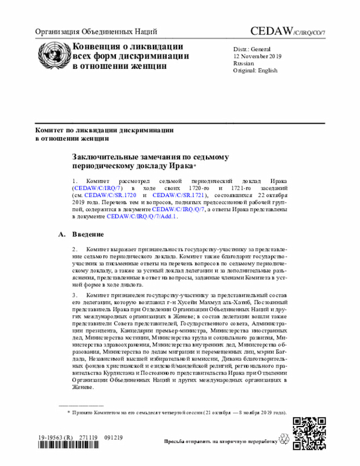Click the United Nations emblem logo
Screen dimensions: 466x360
tap(52, 55)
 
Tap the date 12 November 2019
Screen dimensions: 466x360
tap(258, 56)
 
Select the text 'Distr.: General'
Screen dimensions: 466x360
tap(252, 49)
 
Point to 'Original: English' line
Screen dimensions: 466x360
tap(255, 71)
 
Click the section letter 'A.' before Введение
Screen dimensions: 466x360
tap(62, 233)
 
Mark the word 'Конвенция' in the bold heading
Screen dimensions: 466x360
tap(96, 46)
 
